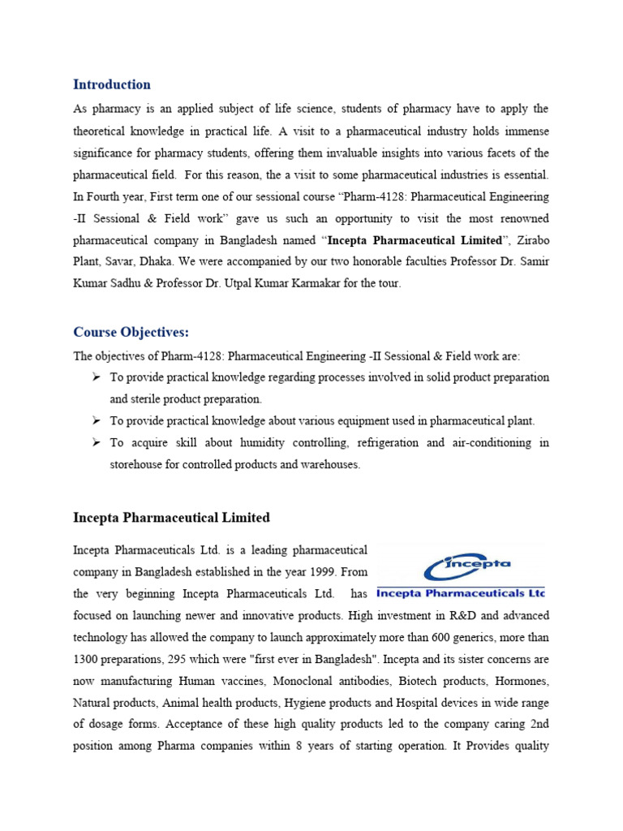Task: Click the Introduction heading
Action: tap(112, 84)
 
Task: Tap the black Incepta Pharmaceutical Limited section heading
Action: tap(171, 518)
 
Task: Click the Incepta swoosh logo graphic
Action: tap(461, 566)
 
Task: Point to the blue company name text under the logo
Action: tap(461, 593)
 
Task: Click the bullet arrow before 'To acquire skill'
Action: tap(96, 442)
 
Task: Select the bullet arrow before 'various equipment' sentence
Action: tap(96, 420)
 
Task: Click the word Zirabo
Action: tap(529, 240)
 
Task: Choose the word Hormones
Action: tap(520, 682)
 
